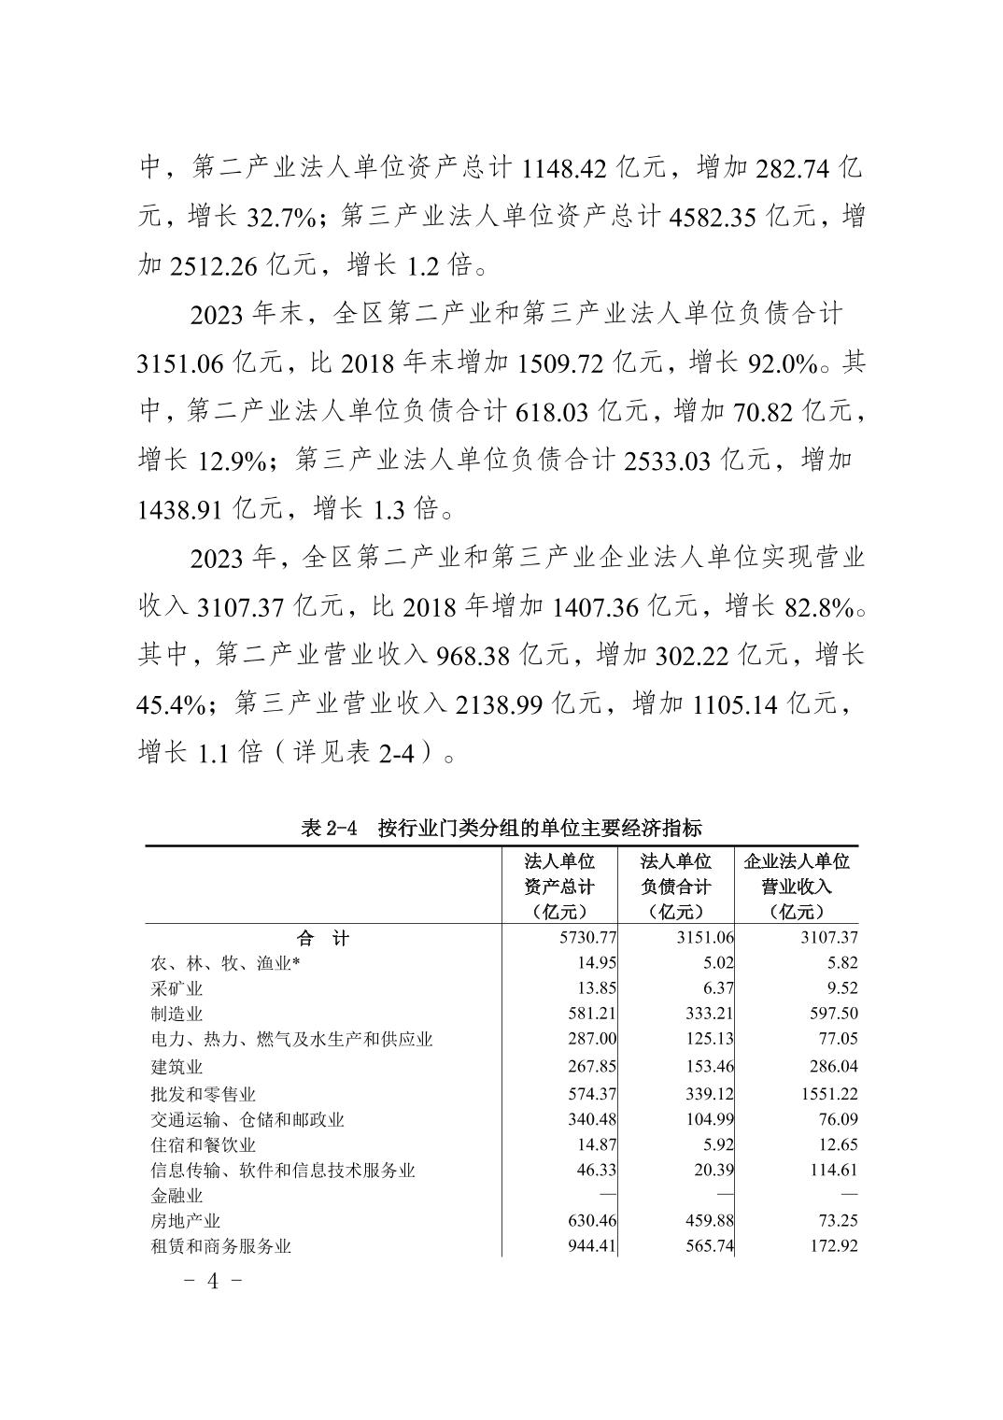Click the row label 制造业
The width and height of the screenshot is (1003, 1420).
point(177,1014)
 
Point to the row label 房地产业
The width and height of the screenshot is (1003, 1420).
point(186,1221)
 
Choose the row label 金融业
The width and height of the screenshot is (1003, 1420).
point(177,1196)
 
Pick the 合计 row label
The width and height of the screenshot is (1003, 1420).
point(322,938)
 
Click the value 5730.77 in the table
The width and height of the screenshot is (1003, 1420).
point(586,938)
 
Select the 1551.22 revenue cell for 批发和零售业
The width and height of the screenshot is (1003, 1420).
point(828,1094)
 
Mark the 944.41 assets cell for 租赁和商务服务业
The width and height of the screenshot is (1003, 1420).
point(590,1246)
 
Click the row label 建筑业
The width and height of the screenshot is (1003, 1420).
point(177,1067)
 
